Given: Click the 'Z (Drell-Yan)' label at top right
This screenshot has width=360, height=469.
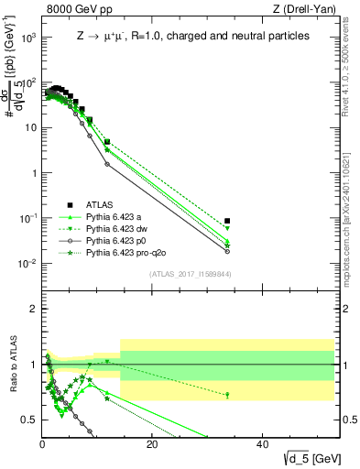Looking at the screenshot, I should pyautogui.click(x=305, y=10).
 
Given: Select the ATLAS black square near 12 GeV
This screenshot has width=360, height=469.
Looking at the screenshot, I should pyautogui.click(x=107, y=142).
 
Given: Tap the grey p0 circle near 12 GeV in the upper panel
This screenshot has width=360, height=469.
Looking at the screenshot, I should pyautogui.click(x=107, y=165).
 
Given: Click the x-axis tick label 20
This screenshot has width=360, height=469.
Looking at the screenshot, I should pyautogui.click(x=152, y=444).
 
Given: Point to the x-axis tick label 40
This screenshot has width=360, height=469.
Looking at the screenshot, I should pyautogui.click(x=262, y=444).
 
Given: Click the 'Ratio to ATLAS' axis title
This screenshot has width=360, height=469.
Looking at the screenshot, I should pyautogui.click(x=12, y=365).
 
